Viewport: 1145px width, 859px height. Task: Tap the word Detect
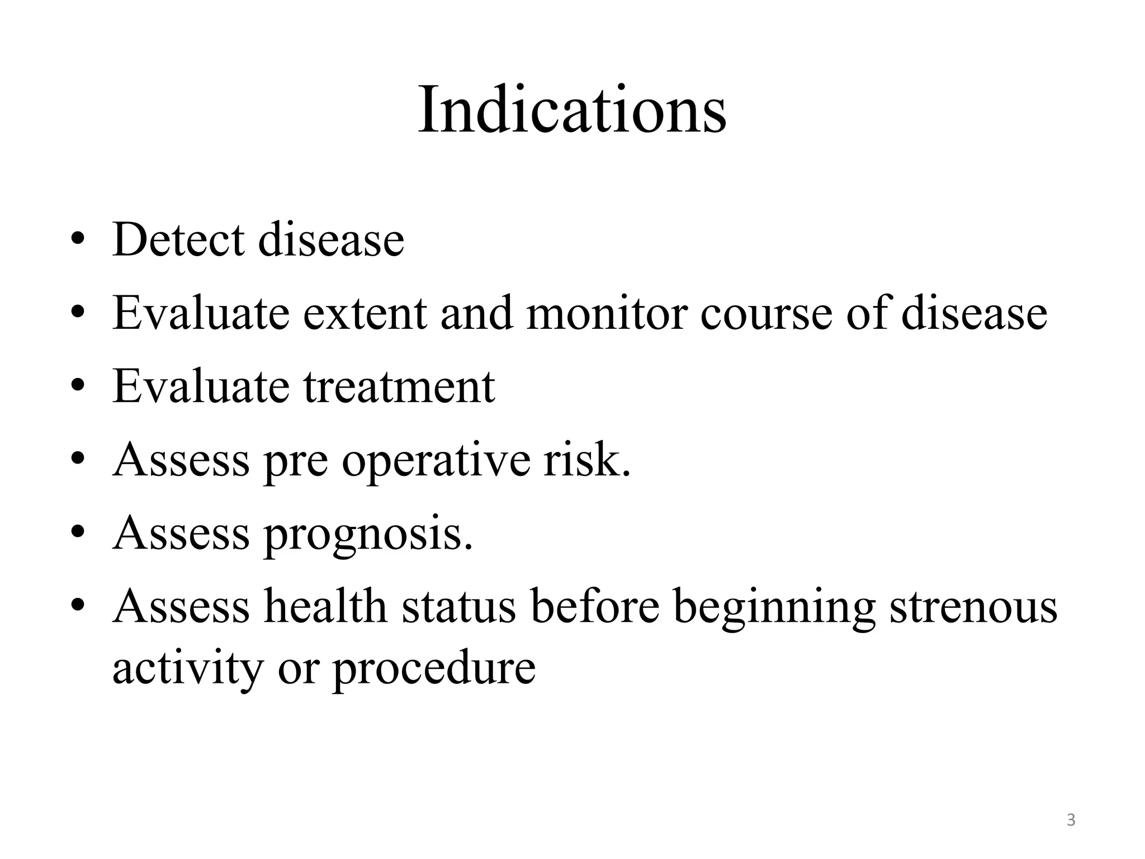[178, 240]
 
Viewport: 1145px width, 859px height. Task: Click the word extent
[365, 313]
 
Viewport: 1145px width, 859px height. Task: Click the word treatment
[399, 386]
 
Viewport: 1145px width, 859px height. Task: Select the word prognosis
[368, 535]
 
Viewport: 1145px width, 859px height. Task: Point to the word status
[458, 607]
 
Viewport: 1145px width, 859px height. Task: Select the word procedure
[434, 669]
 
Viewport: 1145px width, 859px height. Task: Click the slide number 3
[1071, 820]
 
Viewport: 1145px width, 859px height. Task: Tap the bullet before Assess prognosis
[78, 535]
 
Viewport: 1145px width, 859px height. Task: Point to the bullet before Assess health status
[78, 608]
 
